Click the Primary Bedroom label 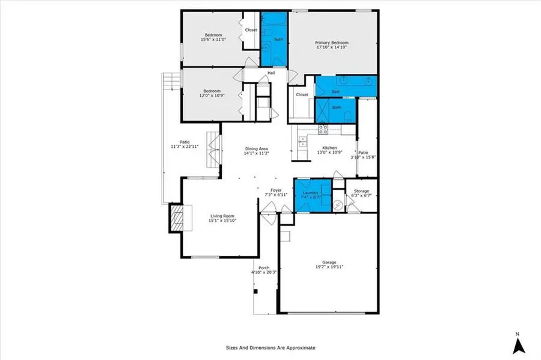click(x=332, y=43)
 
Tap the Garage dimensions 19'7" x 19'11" click(x=328, y=267)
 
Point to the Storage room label click(x=361, y=191)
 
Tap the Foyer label click(x=276, y=191)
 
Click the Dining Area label click(x=256, y=148)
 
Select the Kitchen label click(x=329, y=148)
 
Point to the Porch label click(x=264, y=268)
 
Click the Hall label click(x=271, y=73)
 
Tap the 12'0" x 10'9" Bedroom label click(x=212, y=91)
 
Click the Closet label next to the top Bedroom click(x=251, y=29)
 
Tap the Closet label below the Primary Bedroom click(x=302, y=94)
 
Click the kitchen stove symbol click(x=323, y=127)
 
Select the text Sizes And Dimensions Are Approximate click(x=270, y=347)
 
